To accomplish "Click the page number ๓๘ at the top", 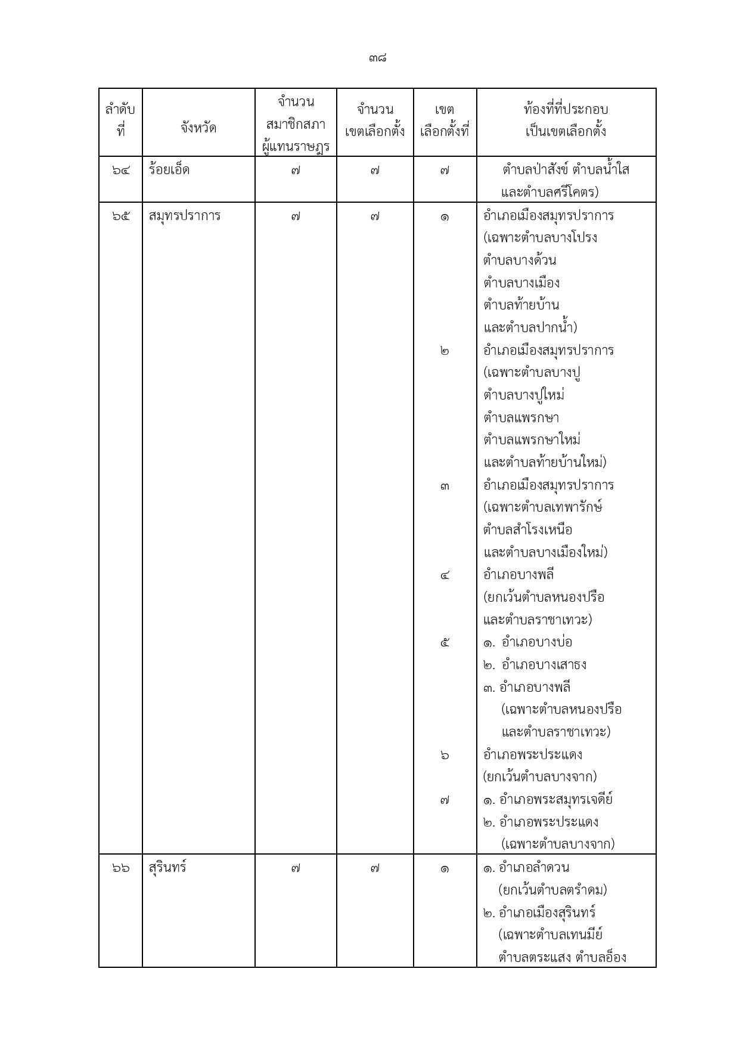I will point(378,58).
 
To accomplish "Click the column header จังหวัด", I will point(198,128).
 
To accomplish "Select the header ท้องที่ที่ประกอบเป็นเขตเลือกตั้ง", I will point(566,120).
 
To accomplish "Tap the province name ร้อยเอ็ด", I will point(169,170).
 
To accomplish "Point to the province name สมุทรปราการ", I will point(184,216).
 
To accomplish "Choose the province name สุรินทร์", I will point(167,868).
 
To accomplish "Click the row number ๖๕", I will point(120,216).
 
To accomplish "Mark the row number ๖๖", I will point(120,868).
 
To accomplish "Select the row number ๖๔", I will point(120,171).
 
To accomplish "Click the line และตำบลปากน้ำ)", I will point(530,328).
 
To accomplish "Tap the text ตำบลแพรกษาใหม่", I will point(532,440).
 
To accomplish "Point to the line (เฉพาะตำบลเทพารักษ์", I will point(543,507).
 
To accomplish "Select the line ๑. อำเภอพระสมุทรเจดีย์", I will point(548,800).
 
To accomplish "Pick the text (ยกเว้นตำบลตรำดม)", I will point(552,890).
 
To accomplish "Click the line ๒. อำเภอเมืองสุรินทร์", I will point(539,913).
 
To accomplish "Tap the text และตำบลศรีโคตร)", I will point(549,193).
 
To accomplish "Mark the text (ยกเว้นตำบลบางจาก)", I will point(540,777).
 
